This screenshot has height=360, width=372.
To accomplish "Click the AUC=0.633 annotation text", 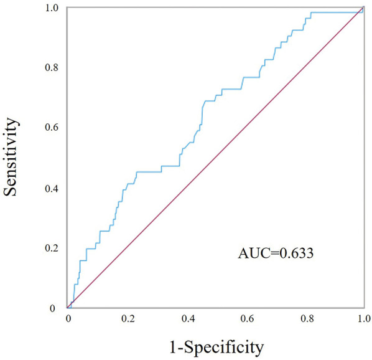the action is point(276,253).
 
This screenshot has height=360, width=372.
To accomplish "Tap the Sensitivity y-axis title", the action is point(11,157).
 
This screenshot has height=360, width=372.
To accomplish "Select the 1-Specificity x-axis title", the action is point(216,348).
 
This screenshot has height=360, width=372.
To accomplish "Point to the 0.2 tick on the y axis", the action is point(52,249).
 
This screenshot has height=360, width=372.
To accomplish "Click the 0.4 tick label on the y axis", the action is point(52,189).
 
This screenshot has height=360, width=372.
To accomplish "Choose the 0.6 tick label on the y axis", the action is point(52,127).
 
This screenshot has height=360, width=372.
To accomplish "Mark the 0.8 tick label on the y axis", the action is point(52,68).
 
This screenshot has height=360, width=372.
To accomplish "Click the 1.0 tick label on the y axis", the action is point(52,8).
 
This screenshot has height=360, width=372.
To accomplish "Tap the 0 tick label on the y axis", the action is point(53,308).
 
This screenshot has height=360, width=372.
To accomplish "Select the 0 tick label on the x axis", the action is point(68,319).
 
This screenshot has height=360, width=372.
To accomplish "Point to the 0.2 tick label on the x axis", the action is point(128,319).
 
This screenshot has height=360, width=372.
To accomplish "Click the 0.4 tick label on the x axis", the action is point(188,319).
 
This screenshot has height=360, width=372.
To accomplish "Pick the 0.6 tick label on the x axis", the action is point(247,319).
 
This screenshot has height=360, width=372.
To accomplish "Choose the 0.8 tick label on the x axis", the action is point(307,319).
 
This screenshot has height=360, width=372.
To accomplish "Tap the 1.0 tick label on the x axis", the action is point(365,319).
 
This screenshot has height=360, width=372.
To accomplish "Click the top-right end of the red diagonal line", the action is point(363,7).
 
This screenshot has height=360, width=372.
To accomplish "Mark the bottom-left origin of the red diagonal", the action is point(67,308).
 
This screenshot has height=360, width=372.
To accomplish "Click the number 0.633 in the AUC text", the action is point(296,253).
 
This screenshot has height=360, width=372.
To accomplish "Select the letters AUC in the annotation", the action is point(254,253).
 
